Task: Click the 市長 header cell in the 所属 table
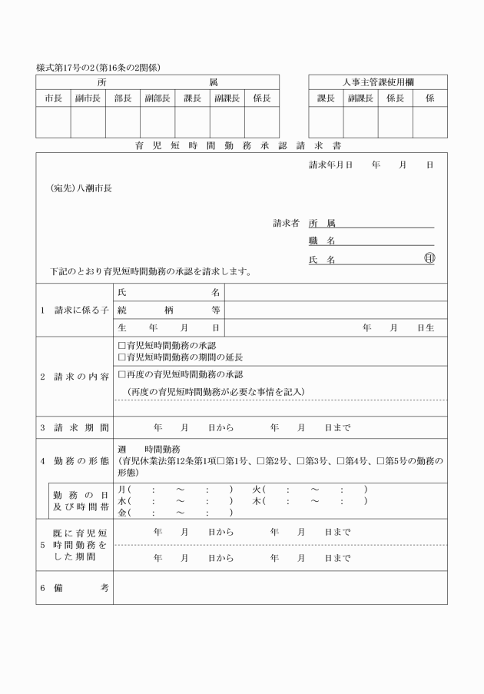click(53, 98)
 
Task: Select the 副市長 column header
click(88, 98)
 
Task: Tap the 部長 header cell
click(123, 98)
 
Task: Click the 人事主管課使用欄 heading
click(378, 82)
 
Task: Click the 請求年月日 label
click(330, 165)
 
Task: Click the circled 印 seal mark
click(429, 259)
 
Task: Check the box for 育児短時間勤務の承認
click(121, 346)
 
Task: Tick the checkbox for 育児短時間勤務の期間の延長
click(121, 357)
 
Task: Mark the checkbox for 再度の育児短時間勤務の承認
click(121, 374)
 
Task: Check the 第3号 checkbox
click(301, 460)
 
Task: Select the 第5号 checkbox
click(381, 460)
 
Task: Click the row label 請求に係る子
click(75, 310)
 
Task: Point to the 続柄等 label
click(169, 310)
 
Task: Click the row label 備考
click(75, 587)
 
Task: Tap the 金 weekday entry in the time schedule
click(122, 513)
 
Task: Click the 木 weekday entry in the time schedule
click(257, 501)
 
